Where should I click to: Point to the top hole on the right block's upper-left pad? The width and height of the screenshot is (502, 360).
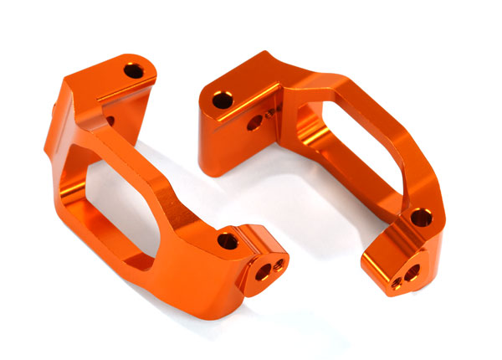222,100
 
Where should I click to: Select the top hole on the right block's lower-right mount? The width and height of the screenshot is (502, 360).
418,219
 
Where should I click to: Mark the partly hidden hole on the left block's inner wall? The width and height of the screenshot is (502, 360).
110,121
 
